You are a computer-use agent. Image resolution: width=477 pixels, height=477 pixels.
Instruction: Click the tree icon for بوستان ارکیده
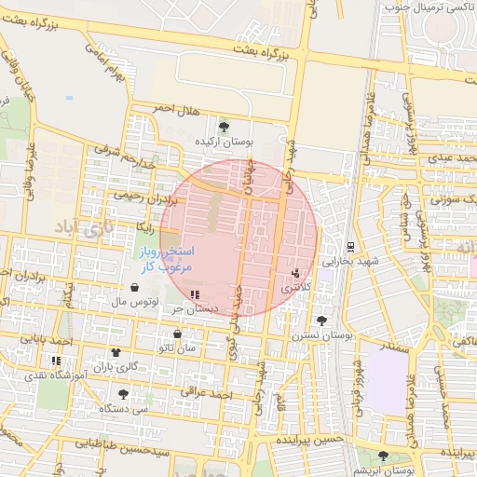coord(224,126)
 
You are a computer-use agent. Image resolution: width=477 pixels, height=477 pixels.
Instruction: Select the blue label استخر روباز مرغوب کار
coord(165,259)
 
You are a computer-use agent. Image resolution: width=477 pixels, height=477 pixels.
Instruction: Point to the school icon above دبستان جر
coord(194,293)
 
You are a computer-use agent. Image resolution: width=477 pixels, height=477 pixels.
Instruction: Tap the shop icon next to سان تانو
coord(177,334)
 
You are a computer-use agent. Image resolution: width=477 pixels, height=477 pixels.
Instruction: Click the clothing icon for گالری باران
coord(116,353)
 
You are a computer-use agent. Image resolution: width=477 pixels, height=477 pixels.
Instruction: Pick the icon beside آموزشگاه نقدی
coord(56,361)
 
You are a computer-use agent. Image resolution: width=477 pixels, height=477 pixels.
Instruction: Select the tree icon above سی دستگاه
coord(123,394)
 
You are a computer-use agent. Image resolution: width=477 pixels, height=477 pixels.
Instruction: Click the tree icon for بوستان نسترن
coord(321,320)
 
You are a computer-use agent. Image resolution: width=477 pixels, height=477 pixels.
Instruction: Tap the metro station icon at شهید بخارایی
coord(349,247)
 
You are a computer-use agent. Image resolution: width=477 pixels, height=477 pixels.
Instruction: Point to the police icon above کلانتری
coord(295,274)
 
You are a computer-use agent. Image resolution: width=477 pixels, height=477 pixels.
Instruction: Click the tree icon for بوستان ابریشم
coord(383,456)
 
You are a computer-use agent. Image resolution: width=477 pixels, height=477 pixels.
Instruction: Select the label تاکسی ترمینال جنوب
coord(429,7)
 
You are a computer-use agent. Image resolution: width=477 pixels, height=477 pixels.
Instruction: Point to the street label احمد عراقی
coord(207,395)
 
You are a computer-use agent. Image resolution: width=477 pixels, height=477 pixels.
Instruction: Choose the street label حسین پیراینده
coord(310,438)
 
